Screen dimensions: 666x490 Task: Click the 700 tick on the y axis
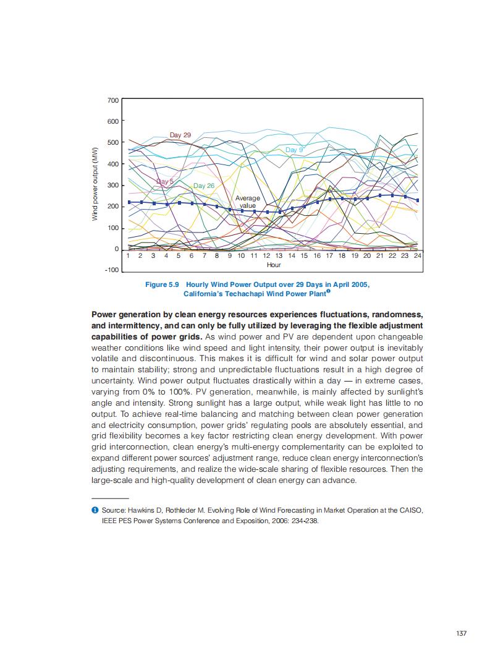pyautogui.click(x=113, y=100)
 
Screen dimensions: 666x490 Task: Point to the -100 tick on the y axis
pyautogui.click(x=112, y=270)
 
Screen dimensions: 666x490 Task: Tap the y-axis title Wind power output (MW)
pyautogui.click(x=96, y=185)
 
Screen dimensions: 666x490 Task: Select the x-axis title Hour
pyautogui.click(x=274, y=265)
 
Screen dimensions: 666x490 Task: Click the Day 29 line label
pyautogui.click(x=180, y=135)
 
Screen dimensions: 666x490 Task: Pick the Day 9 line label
pyautogui.click(x=294, y=150)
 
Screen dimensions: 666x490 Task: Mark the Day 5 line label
pyautogui.click(x=165, y=181)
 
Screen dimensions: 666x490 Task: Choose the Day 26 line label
pyautogui.click(x=203, y=186)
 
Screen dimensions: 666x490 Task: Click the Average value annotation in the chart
pyautogui.click(x=248, y=202)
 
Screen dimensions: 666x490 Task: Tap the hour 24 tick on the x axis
pyautogui.click(x=417, y=255)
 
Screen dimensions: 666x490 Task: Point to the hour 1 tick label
pyautogui.click(x=128, y=255)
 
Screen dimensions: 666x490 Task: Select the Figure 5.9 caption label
pyautogui.click(x=161, y=284)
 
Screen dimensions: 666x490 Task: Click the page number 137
pyautogui.click(x=461, y=633)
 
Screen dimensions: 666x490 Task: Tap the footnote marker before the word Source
pyautogui.click(x=95, y=510)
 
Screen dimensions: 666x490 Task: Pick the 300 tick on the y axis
pyautogui.click(x=113, y=185)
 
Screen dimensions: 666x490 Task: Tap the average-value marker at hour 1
pyautogui.click(x=129, y=202)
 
